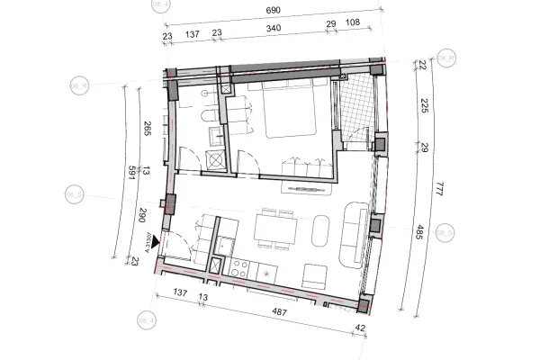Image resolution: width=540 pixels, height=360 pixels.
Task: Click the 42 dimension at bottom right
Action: click(360, 328)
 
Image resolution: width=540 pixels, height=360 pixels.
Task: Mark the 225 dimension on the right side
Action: click(423, 107)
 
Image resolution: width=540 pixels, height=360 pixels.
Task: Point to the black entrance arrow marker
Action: click(156, 241)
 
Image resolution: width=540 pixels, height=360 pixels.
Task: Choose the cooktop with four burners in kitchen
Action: click(240, 267)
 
